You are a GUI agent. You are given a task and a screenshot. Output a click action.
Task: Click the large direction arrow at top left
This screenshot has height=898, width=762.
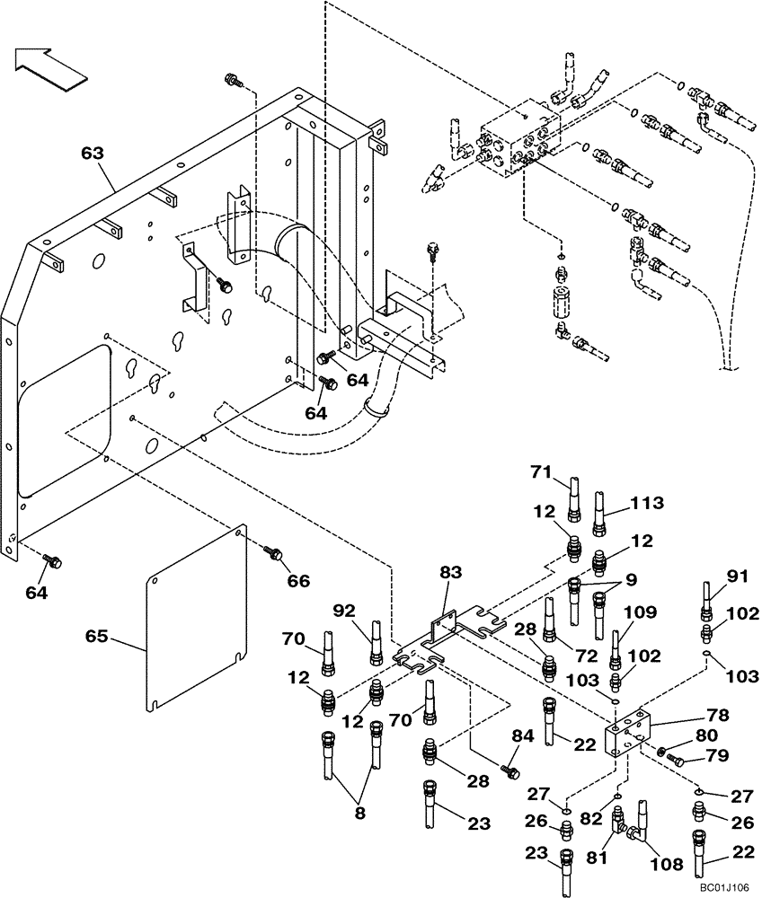tap(50, 67)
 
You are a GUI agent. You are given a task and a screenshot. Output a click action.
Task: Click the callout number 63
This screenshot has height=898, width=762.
tap(93, 154)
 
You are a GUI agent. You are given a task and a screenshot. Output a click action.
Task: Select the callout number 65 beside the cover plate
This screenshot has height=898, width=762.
tap(96, 638)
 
